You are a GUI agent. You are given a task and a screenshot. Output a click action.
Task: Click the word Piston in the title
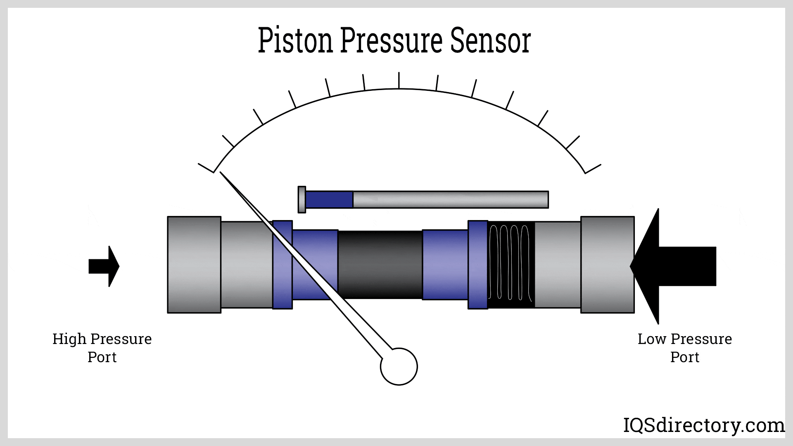pos(295,40)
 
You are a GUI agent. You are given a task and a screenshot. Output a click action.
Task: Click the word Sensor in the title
pos(490,40)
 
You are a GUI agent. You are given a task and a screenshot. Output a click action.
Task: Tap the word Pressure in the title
pos(391,40)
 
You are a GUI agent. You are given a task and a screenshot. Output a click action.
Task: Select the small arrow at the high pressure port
pos(104,266)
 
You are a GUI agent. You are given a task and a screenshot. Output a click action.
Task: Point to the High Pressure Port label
pos(102,348)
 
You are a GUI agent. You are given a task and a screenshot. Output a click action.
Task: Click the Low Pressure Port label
pos(684,348)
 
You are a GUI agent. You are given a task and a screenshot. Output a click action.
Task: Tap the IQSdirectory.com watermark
pos(703,425)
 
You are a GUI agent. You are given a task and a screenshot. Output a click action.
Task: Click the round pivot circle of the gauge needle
pos(399,367)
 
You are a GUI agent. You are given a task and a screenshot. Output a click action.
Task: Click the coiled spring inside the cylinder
pos(510,263)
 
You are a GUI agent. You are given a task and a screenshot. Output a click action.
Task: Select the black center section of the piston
pos(380,264)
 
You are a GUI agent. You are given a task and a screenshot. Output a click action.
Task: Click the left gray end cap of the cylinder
pos(194,265)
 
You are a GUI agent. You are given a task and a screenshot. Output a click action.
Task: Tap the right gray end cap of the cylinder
pos(607,265)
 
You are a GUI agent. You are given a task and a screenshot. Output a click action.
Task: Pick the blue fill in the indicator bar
pos(329,199)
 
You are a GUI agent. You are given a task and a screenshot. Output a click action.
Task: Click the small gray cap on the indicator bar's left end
pos(302,199)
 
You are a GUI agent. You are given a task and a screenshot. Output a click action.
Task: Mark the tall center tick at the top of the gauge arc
pos(399,81)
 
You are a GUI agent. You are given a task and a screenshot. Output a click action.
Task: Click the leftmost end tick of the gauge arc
pos(206,168)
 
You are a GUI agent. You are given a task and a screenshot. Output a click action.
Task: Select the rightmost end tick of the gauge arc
pos(593,169)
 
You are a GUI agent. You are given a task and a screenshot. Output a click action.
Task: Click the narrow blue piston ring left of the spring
pos(477,265)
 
